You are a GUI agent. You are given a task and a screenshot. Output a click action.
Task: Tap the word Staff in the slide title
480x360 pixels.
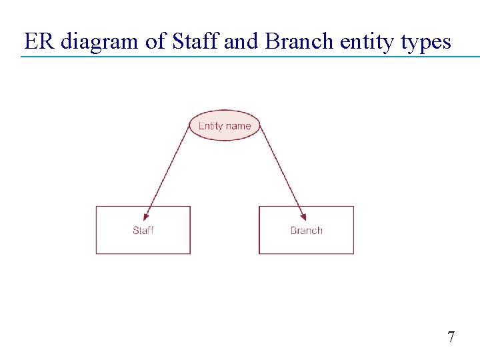[195, 42]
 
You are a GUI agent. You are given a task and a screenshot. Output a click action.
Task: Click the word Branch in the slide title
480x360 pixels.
[299, 42]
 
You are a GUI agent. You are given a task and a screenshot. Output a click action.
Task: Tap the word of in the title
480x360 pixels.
[155, 42]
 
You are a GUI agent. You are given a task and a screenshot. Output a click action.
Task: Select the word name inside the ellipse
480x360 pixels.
[238, 126]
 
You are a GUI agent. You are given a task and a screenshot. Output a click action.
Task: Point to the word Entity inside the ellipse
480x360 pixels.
[211, 126]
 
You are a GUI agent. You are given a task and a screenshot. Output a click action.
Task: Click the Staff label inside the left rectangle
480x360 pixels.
[143, 231]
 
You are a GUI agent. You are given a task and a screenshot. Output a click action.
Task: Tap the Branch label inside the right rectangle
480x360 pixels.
[307, 231]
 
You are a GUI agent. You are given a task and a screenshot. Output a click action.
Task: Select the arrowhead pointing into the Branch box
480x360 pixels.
[303, 216]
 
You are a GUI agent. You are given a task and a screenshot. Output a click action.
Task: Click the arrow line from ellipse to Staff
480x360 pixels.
[168, 170]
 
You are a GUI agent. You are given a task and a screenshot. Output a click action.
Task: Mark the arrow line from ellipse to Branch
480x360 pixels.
[280, 170]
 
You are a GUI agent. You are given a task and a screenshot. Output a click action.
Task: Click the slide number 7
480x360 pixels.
[451, 337]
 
